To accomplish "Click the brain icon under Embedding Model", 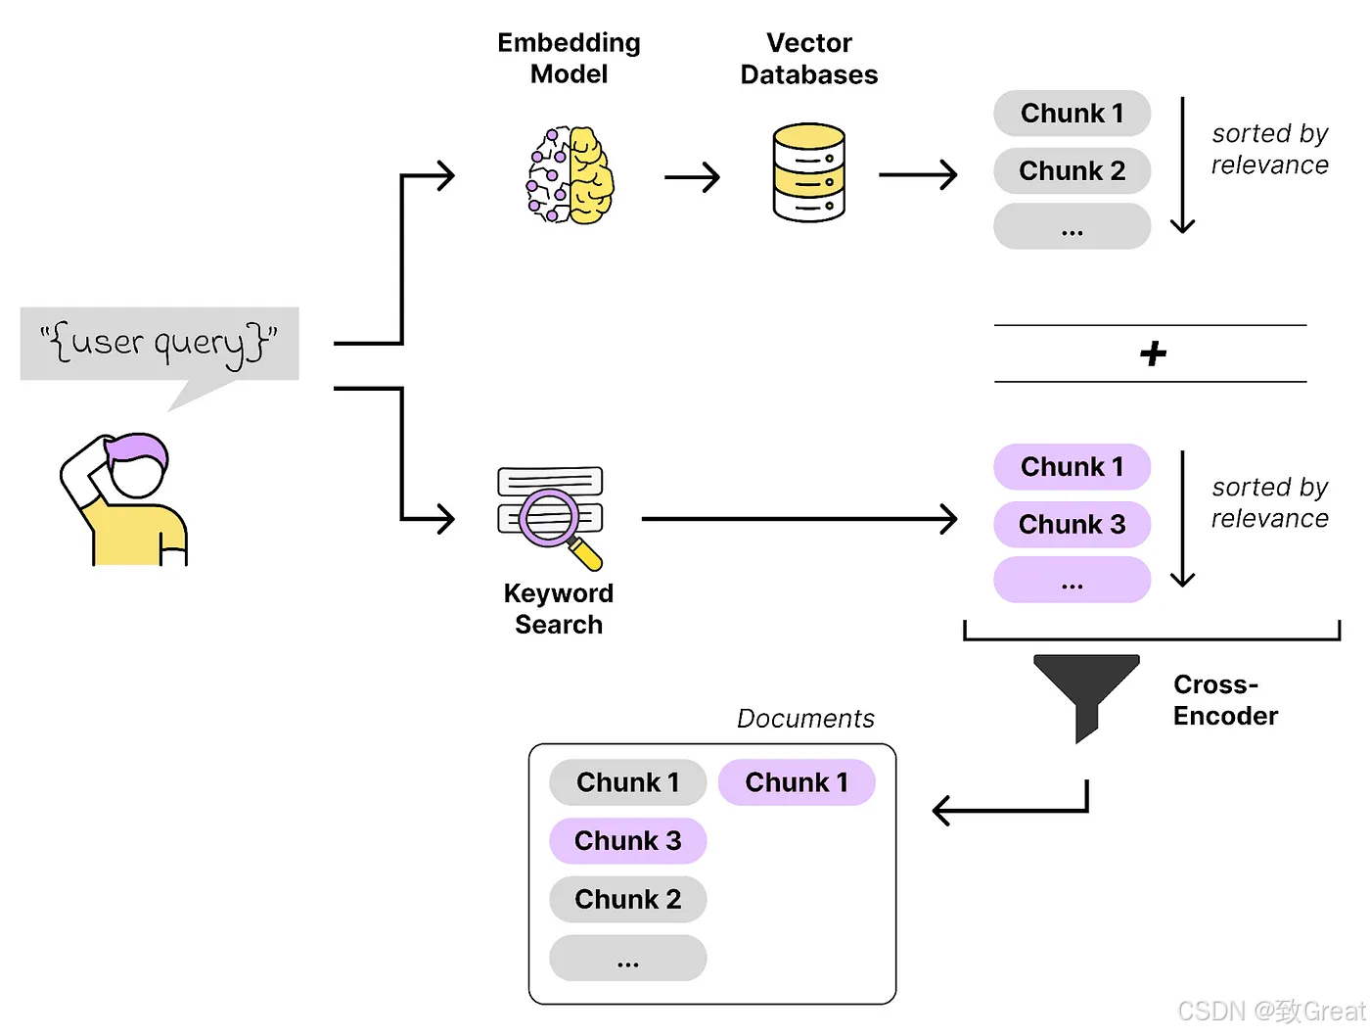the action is pyautogui.click(x=570, y=174).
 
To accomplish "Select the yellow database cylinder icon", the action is pyautogui.click(x=808, y=172).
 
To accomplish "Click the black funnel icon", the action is pyautogui.click(x=1085, y=697).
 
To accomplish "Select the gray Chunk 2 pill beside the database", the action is pyautogui.click(x=1072, y=170).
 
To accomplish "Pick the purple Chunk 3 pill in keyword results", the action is pyautogui.click(x=1072, y=524).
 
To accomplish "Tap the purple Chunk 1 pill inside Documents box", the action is pyautogui.click(x=797, y=781).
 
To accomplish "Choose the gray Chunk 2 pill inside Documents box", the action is pyautogui.click(x=628, y=899).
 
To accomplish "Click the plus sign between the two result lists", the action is pyautogui.click(x=1152, y=353).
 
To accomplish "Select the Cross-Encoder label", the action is pyautogui.click(x=1224, y=700).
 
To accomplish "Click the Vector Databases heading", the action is pyautogui.click(x=809, y=59).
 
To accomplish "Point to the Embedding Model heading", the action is pyautogui.click(x=569, y=58).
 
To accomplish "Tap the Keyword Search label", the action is pyautogui.click(x=559, y=609).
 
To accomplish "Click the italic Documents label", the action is pyautogui.click(x=805, y=718).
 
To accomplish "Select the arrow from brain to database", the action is pyautogui.click(x=692, y=177).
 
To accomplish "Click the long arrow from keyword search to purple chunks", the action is pyautogui.click(x=799, y=518).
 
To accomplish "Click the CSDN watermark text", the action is pyautogui.click(x=1271, y=1011).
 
